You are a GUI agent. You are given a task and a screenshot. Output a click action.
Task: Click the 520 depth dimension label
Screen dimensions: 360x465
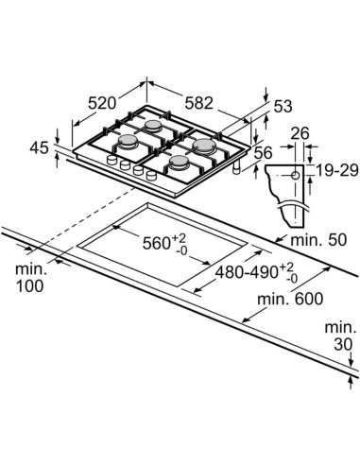click(x=102, y=103)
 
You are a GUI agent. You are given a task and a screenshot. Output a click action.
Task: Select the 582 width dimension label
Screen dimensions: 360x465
click(x=198, y=103)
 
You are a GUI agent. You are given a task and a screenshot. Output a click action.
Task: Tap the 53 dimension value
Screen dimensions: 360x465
click(x=283, y=106)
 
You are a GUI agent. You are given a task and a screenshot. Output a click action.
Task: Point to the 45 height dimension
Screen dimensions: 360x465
click(x=39, y=147)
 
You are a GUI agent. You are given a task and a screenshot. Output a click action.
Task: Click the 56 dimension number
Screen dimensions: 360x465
click(x=263, y=153)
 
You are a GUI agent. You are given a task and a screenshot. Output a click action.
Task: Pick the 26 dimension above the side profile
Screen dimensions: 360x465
click(x=300, y=133)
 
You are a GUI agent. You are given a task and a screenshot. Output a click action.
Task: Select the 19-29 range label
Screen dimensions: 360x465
click(x=336, y=170)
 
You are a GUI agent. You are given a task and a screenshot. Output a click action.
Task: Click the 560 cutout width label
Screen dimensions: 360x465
click(x=164, y=243)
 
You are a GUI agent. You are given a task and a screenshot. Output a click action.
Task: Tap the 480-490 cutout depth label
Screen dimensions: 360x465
click(x=256, y=272)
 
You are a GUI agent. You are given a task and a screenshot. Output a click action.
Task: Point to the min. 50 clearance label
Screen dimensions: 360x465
click(x=318, y=240)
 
